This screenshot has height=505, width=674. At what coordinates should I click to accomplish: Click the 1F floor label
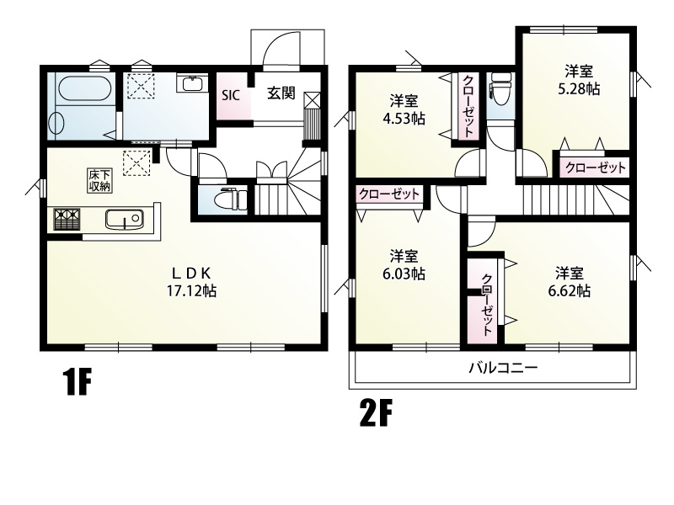pyautogui.click(x=76, y=384)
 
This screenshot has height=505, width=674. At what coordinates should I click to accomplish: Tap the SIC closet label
pyautogui.click(x=231, y=94)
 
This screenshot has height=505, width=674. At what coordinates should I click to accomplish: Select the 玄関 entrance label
pyautogui.click(x=281, y=93)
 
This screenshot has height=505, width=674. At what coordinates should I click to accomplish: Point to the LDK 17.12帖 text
pyautogui.click(x=196, y=282)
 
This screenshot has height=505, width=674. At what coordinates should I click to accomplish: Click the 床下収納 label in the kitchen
pyautogui.click(x=99, y=180)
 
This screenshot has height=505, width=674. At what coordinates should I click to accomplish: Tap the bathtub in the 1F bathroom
pyautogui.click(x=82, y=89)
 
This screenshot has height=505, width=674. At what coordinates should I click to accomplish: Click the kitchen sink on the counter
pyautogui.click(x=125, y=220)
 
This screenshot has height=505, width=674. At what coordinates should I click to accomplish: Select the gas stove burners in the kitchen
pyautogui.click(x=67, y=220)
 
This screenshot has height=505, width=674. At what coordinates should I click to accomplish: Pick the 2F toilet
pyautogui.click(x=500, y=88)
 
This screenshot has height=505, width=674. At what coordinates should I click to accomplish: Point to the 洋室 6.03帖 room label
pyautogui.click(x=406, y=265)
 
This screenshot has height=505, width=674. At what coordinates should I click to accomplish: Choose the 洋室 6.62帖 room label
pyautogui.click(x=572, y=282)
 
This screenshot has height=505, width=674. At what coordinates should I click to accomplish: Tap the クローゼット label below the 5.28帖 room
pyautogui.click(x=595, y=167)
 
